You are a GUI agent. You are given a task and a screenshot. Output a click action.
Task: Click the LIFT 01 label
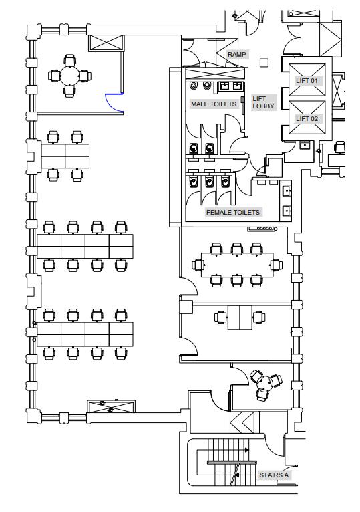(x=307, y=80)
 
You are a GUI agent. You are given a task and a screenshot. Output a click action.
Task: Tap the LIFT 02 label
(x=307, y=118)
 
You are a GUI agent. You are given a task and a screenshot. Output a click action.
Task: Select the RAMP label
(x=236, y=54)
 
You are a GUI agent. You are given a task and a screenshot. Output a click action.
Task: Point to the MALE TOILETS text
(x=214, y=104)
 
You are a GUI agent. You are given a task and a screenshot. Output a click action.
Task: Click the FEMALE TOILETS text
(x=233, y=213)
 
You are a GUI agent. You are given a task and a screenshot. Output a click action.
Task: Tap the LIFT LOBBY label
(x=263, y=102)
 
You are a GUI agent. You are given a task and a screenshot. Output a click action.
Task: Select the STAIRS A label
(x=274, y=475)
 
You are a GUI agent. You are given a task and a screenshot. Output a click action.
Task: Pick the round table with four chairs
(x=69, y=76)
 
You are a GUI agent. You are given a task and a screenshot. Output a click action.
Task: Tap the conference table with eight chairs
(x=237, y=265)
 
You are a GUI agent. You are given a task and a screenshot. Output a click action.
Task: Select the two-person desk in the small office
(x=240, y=317)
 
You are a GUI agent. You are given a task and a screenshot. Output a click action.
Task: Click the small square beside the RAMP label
(x=264, y=63)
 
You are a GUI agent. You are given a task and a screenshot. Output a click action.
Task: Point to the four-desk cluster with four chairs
(x=65, y=156)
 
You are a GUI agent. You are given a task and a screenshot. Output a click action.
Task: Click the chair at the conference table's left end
(x=197, y=265)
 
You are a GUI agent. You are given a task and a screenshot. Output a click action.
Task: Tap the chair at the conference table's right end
(x=277, y=265)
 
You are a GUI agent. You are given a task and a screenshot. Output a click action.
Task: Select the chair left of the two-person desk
(x=221, y=317)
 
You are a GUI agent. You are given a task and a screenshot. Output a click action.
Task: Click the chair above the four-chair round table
(x=70, y=61)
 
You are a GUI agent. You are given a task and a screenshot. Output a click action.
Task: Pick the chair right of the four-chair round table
(x=85, y=76)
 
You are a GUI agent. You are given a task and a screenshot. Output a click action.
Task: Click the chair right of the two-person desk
(x=259, y=317)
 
